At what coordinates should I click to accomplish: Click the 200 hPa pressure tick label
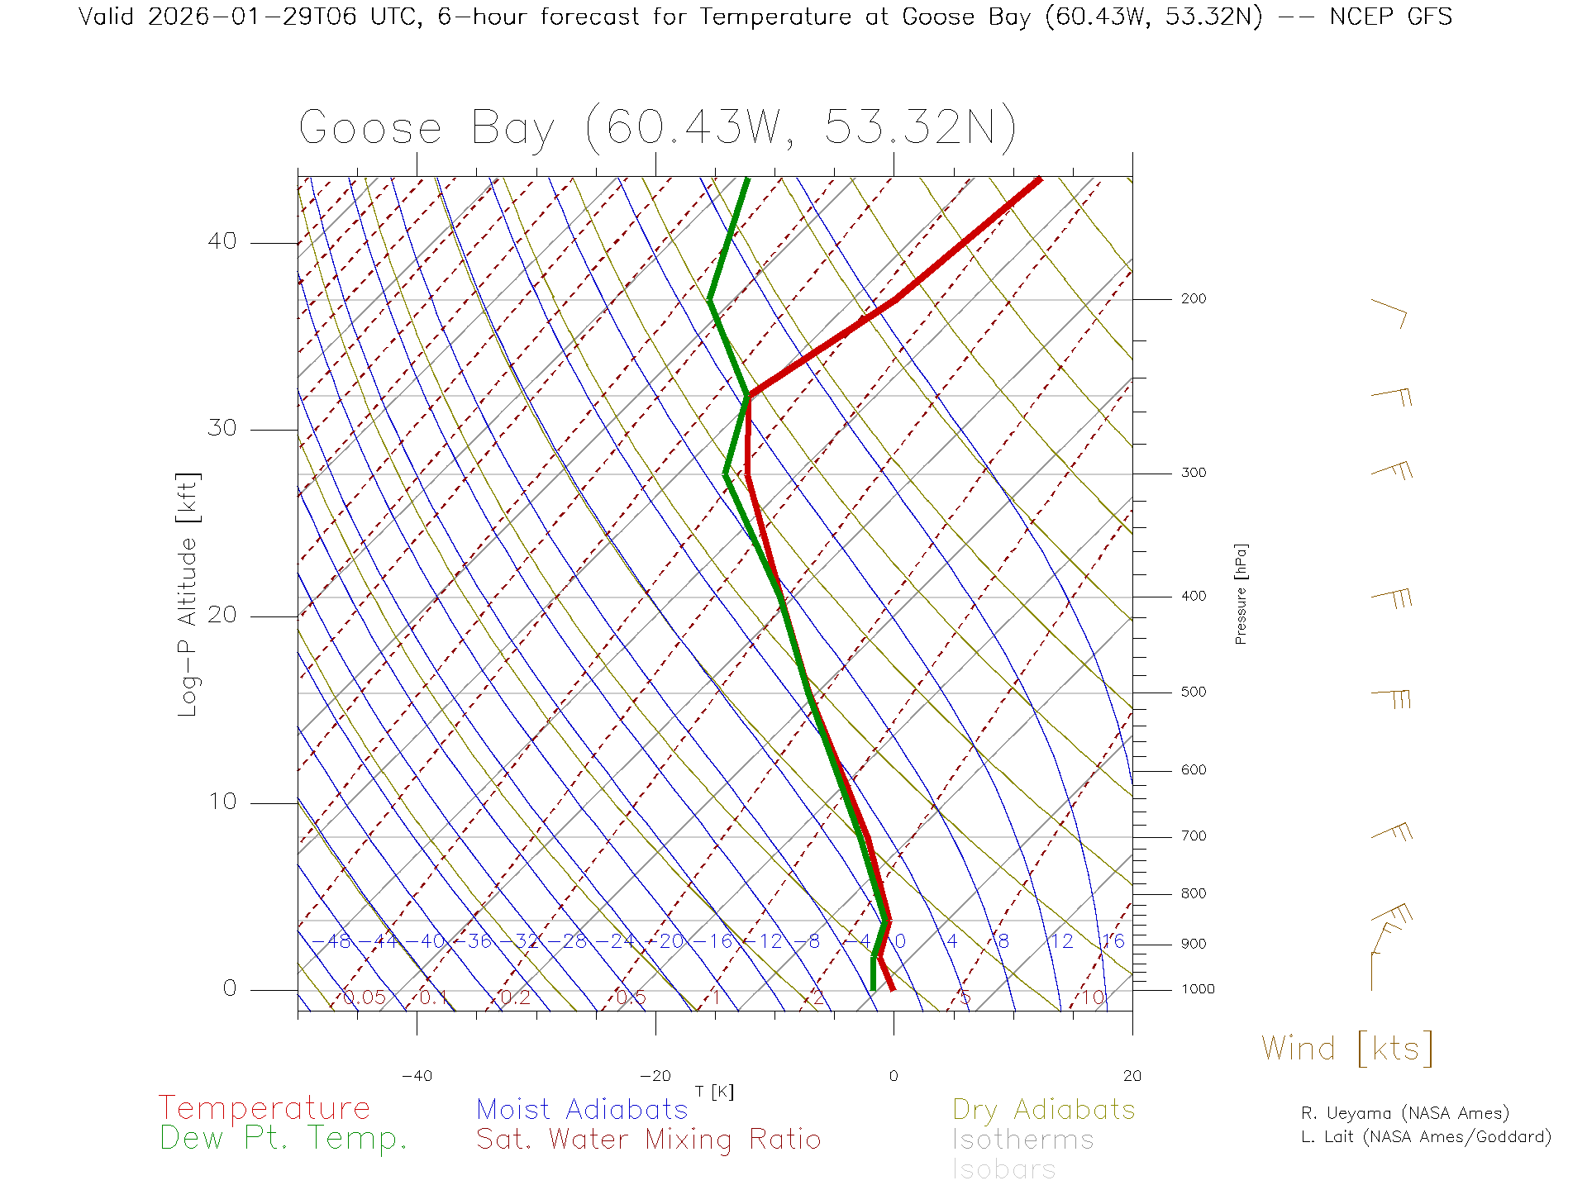[x=1193, y=298]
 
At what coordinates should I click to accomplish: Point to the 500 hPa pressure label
[x=1193, y=692]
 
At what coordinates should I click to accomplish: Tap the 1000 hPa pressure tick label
[x=1197, y=989]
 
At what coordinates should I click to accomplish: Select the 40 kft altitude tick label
[x=222, y=241]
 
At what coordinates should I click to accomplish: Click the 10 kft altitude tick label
[x=222, y=802]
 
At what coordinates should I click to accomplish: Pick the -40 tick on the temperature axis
[x=417, y=1076]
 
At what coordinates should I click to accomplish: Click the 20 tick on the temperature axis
[x=1132, y=1076]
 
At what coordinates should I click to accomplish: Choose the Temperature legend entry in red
[x=264, y=1107]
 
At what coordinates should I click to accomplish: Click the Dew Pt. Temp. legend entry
[x=284, y=1139]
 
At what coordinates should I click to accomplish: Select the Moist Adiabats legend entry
[x=582, y=1109]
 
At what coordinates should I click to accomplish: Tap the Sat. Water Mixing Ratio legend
[x=648, y=1140]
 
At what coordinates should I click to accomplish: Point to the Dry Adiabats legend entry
[x=1043, y=1109]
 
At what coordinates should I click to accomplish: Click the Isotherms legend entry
[x=1022, y=1140]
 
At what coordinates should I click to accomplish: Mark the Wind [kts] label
[x=1346, y=1049]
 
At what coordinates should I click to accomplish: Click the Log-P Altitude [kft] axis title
[x=188, y=594]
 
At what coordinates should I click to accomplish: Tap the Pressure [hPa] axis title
[x=1241, y=593]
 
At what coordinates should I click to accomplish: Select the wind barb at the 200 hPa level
[x=1389, y=312]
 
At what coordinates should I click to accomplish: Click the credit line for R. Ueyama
[x=1404, y=1113]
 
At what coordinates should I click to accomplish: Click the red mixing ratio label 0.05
[x=364, y=997]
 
